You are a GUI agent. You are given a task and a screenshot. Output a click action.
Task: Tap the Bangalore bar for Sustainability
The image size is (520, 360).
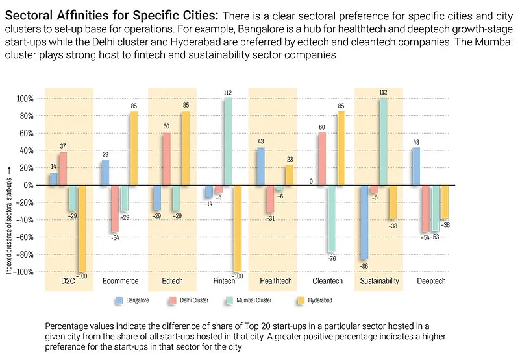pos(364,222)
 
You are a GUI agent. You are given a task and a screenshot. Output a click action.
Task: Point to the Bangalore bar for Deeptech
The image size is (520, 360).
pos(416,166)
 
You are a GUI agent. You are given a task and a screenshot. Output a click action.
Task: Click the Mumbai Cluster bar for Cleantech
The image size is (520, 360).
pos(331,218)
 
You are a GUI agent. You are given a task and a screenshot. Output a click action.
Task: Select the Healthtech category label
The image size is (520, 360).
pos(275,280)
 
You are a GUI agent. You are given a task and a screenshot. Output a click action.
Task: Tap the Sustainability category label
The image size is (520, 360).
pos(378,280)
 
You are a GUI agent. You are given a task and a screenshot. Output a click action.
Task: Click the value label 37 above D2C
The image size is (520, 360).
pos(63,146)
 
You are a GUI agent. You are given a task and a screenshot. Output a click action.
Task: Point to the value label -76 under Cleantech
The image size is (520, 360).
pos(331,259)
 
